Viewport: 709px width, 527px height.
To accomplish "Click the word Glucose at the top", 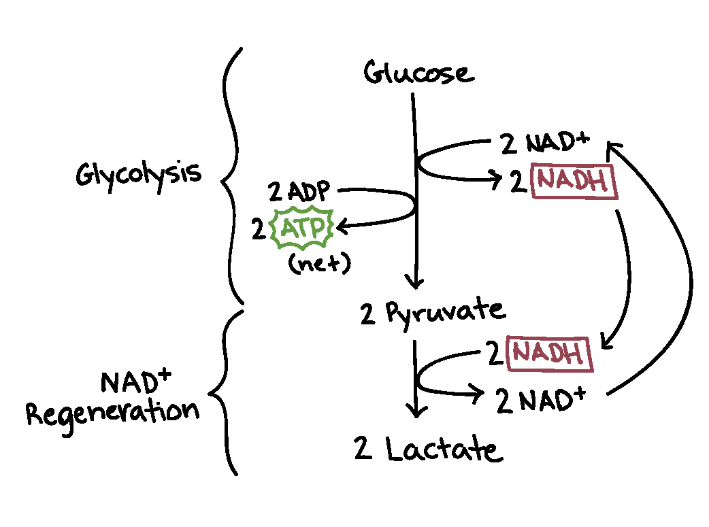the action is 419,73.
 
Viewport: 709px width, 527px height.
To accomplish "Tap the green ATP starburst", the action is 302,228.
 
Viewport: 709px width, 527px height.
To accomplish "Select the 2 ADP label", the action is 299,190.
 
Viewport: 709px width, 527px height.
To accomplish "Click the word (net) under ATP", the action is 320,263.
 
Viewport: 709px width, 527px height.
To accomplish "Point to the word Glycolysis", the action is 138,176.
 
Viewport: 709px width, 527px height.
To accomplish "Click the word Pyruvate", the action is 446,313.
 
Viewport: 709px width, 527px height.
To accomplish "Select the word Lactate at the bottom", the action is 444,449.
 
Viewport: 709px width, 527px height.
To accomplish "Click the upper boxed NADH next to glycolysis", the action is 575,182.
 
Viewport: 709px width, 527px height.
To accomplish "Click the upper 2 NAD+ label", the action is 545,143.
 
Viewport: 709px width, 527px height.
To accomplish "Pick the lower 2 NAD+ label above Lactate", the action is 540,400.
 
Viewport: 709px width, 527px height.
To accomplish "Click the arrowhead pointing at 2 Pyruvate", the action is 414,282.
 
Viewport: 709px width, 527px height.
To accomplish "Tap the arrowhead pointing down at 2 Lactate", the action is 416,411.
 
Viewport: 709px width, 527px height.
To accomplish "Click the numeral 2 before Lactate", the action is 363,448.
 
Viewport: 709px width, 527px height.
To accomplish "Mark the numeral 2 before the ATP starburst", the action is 259,228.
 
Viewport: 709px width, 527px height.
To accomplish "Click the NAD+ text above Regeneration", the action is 136,381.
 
